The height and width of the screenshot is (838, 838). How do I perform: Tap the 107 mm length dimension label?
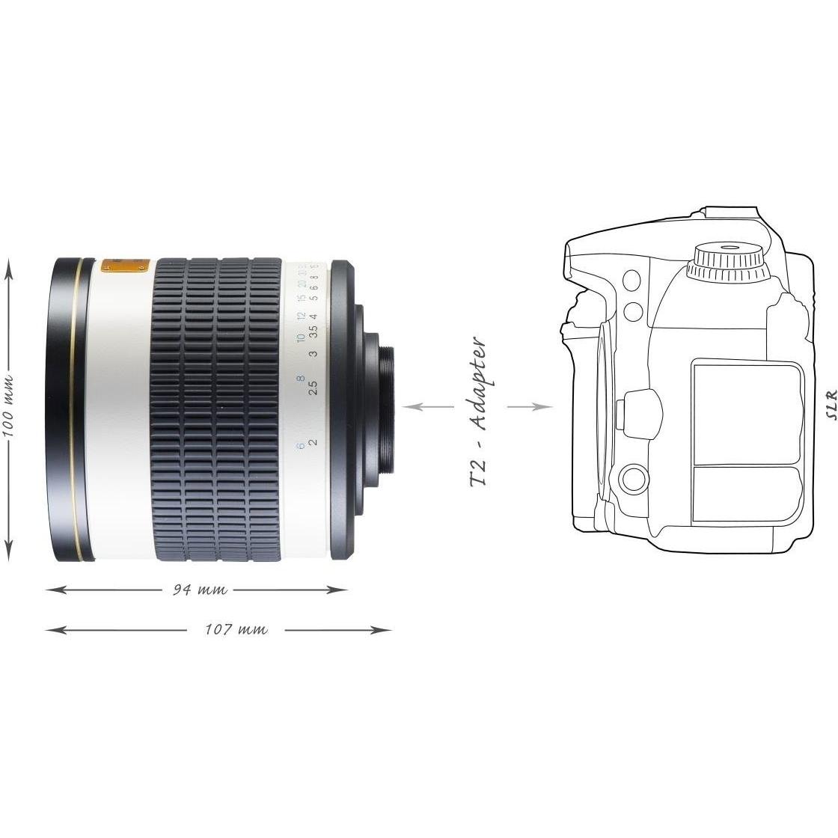point(236,629)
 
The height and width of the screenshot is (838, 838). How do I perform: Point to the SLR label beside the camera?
point(826,409)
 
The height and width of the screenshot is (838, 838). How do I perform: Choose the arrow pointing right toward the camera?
point(531,407)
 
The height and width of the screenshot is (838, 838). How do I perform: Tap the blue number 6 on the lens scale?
point(300,446)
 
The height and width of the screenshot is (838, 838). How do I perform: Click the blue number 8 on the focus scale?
point(300,379)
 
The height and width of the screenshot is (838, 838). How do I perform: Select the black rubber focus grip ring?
point(218,408)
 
